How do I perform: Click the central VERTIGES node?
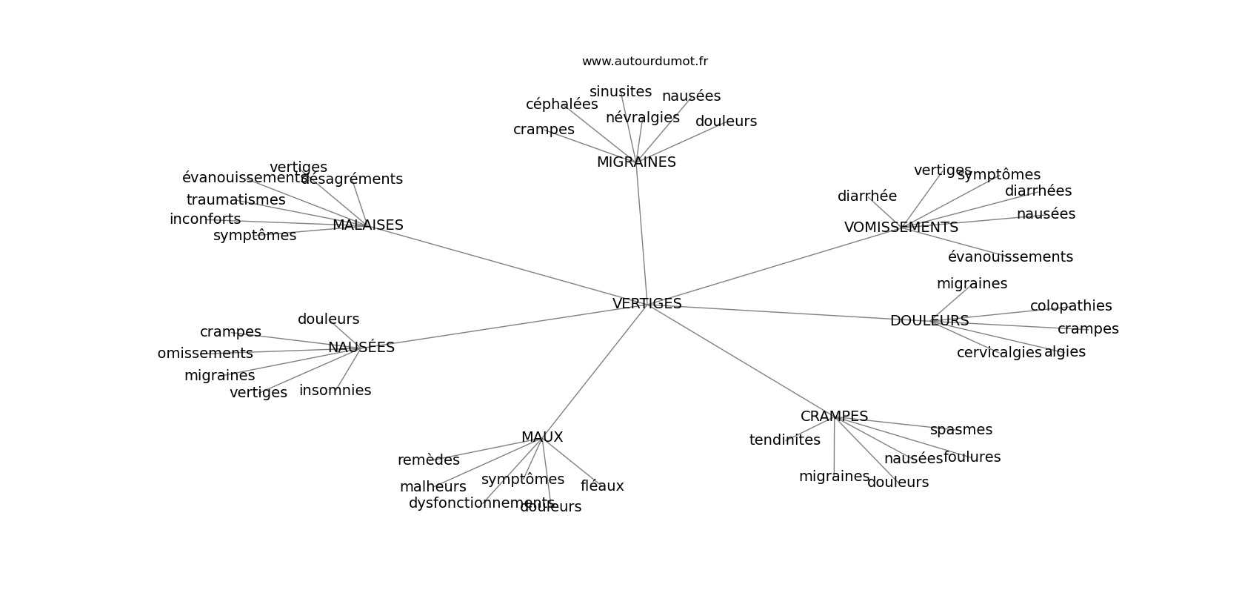pos(647,304)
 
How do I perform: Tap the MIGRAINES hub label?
pos(636,162)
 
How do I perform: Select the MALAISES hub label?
pos(367,225)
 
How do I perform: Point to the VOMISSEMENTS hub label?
pos(901,228)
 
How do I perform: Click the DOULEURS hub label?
pos(929,321)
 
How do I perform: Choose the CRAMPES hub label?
pos(834,417)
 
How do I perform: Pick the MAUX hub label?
pos(542,437)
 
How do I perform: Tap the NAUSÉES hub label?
pos(361,348)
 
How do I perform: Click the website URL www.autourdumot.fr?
pos(644,62)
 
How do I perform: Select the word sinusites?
pos(621,92)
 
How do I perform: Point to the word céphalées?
pos(561,105)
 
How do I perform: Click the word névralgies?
pos(642,118)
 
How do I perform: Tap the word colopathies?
pos(1071,306)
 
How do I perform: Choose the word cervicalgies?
pos(998,353)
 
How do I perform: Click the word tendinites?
pos(784,440)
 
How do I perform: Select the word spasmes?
pos(961,430)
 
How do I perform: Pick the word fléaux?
pos(602,486)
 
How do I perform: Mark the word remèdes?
pos(428,460)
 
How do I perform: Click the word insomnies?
pos(335,391)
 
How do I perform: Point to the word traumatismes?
pos(236,200)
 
